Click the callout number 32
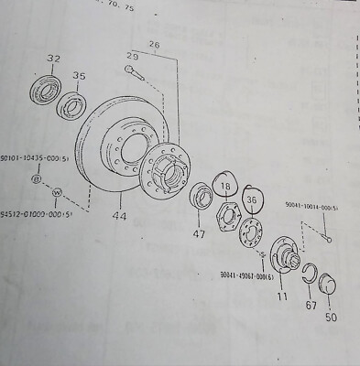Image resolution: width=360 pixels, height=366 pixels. point(52,60)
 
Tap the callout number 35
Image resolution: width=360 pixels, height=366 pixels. point(80,78)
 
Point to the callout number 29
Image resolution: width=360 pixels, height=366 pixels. point(132,58)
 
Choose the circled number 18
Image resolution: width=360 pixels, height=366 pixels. point(226,188)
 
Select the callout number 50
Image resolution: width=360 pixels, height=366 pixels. point(331,318)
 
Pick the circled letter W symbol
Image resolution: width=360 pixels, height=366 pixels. point(57,193)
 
